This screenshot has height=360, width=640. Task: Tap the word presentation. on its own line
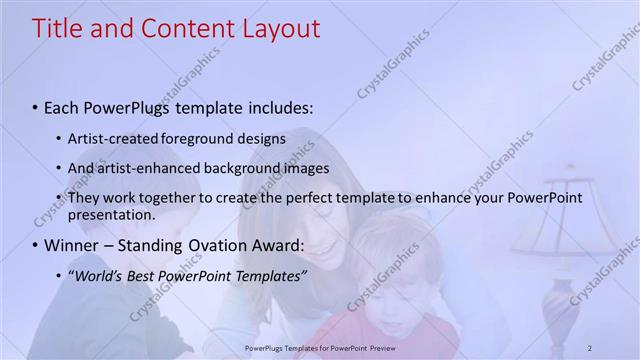point(112,214)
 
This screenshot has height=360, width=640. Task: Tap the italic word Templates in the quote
point(268,275)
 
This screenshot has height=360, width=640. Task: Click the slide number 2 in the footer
point(590,347)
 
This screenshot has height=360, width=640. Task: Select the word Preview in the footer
point(383,347)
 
